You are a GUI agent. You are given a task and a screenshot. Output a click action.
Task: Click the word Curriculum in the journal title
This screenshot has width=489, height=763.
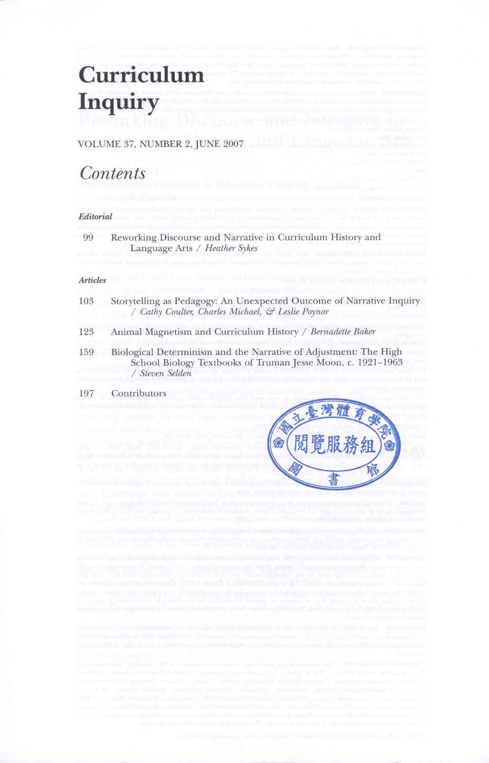[x=141, y=75]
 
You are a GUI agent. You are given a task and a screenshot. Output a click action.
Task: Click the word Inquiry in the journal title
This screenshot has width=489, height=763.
[x=118, y=102]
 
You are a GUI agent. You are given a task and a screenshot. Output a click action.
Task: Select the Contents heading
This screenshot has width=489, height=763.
[x=113, y=173]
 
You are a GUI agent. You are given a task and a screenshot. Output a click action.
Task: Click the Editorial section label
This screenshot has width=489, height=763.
[x=95, y=217]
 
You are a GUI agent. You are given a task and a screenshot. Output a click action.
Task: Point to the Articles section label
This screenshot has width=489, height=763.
[x=92, y=280]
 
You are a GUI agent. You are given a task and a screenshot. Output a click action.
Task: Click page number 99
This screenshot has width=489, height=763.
[x=88, y=237]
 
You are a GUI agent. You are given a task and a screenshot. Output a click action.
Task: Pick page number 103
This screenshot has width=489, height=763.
[x=86, y=301]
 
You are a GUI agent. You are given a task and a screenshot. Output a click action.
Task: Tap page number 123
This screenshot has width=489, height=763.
[x=86, y=331]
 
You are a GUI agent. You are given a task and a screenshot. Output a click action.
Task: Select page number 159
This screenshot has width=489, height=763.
[x=86, y=352]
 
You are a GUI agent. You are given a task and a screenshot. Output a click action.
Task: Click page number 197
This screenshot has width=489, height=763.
[x=86, y=393]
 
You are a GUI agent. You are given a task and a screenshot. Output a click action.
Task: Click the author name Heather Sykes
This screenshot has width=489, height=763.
[x=231, y=248]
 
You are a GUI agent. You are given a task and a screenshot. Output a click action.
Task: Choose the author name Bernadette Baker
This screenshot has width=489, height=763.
[x=343, y=331]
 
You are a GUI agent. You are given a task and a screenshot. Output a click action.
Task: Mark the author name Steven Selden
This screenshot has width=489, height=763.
[x=166, y=373]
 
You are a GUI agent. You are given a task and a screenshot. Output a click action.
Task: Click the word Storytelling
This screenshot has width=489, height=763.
[x=135, y=301]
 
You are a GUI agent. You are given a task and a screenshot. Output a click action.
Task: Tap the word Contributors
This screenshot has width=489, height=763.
[x=139, y=393]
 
